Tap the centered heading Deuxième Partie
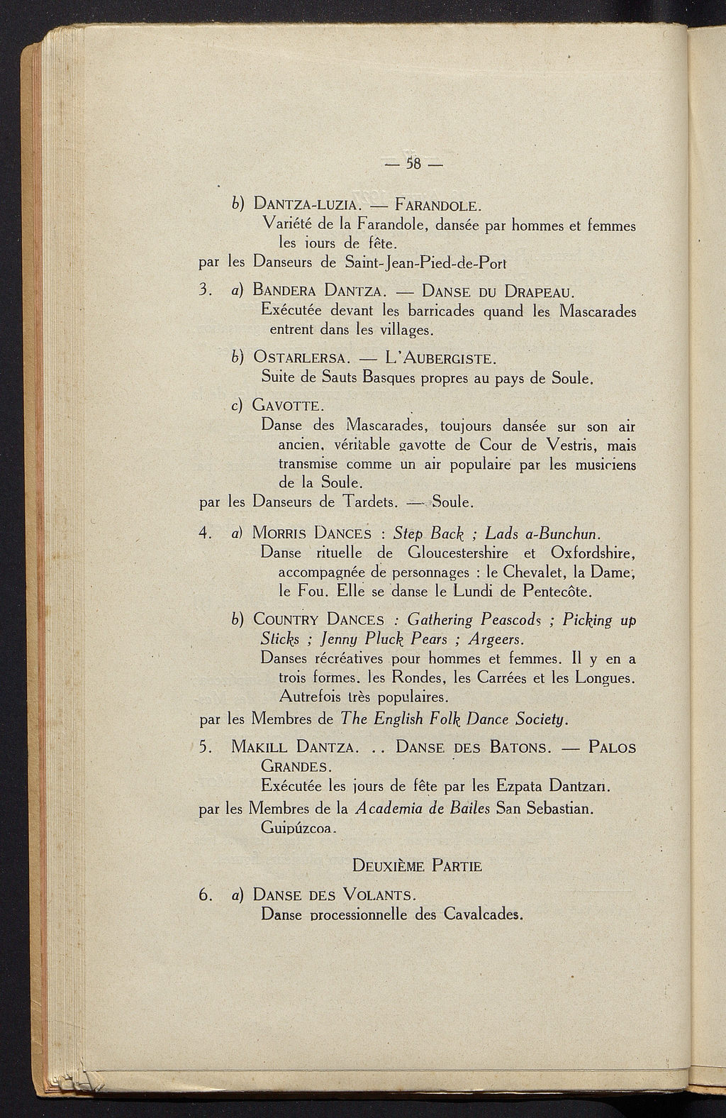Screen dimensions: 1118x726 click(x=417, y=865)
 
